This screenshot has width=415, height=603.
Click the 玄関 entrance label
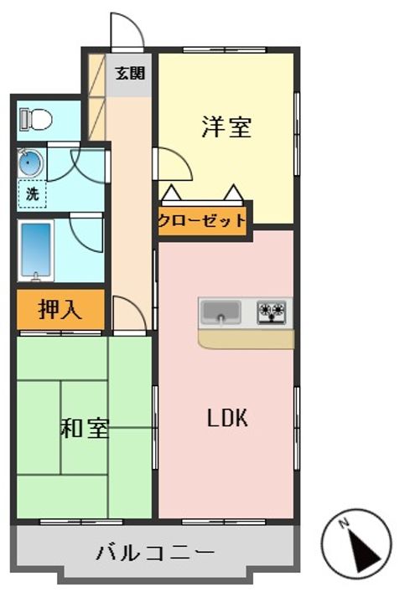point(130,72)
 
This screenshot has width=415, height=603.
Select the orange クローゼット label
point(203,222)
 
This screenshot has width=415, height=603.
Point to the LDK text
point(227,419)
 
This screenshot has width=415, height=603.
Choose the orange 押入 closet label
point(60,310)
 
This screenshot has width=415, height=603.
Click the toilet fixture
point(36,120)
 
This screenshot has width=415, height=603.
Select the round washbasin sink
point(30,164)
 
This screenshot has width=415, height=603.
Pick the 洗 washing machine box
point(32,194)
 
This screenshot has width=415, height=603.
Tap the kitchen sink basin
point(220,312)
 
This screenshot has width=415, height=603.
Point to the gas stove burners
point(272,312)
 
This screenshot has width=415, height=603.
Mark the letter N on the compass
point(344,524)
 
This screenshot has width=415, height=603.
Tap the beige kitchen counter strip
point(246,338)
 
